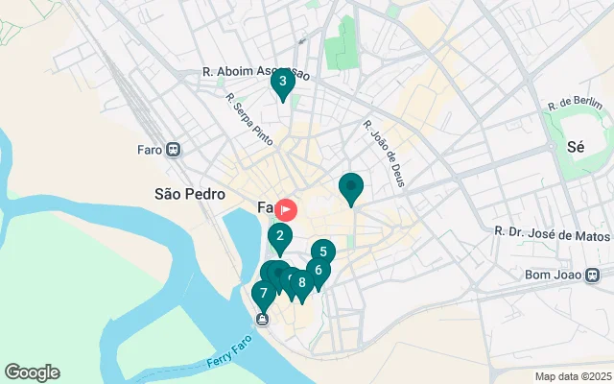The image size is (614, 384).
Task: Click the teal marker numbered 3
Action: click(282, 83)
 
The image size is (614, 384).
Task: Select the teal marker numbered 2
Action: click(279, 236)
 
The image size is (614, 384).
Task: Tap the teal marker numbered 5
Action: click(323, 252)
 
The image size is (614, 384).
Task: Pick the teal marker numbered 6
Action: click(318, 271)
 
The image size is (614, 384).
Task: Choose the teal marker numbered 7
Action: click(263, 294)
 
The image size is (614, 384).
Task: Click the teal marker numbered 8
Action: click(302, 282)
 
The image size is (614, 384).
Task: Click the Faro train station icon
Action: click(174, 150)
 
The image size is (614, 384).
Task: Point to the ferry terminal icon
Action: click(261, 319)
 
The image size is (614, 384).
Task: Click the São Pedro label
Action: click(189, 193)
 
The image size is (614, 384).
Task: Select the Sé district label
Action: click(577, 148)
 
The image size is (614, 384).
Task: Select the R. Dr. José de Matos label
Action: click(552, 232)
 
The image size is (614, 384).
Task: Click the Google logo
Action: click(32, 372)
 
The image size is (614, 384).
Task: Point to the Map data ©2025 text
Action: click(572, 376)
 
